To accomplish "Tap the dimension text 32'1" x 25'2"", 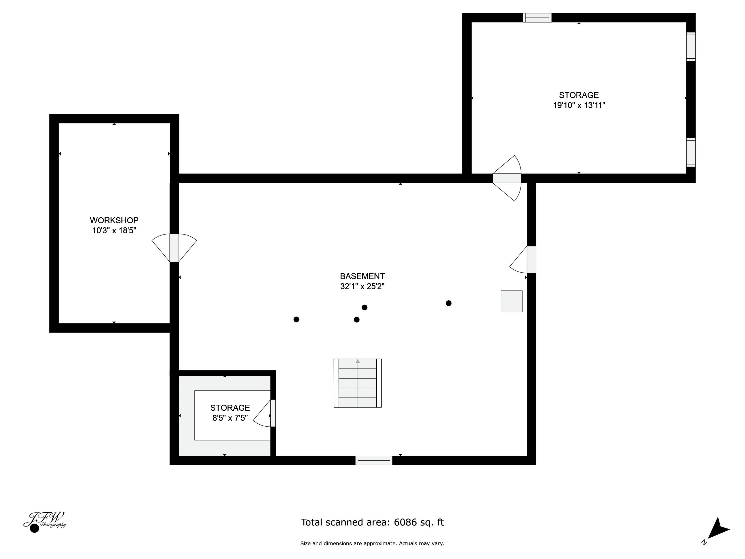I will [362, 286].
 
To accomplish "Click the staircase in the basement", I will [357, 383].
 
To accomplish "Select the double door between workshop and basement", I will [174, 248].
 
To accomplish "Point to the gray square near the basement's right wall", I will [511, 301].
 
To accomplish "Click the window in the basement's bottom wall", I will [374, 460].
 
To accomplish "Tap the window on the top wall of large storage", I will [537, 18].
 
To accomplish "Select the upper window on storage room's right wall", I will [691, 46].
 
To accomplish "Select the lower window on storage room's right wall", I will [691, 152].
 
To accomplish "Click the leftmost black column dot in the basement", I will [296, 319].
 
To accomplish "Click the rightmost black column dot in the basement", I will [449, 303].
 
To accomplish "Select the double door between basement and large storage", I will [507, 178].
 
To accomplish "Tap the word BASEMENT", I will [362, 276].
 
